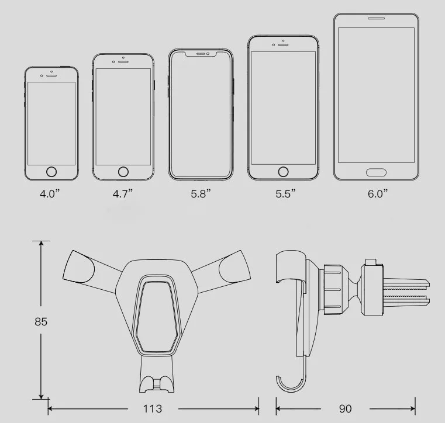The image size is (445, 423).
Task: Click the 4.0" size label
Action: click(x=50, y=193)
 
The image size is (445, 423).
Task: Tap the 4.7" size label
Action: click(x=123, y=193)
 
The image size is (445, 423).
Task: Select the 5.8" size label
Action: click(x=201, y=193)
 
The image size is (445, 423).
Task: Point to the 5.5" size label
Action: click(x=285, y=193)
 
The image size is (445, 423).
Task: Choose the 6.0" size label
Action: click(x=377, y=193)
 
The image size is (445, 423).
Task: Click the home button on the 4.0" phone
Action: click(x=51, y=172)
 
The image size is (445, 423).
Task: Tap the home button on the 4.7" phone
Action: click(x=123, y=172)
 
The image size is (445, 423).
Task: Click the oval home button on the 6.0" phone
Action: click(x=376, y=172)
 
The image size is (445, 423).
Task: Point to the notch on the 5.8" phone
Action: click(x=202, y=54)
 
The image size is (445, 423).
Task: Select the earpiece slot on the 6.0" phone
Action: click(x=377, y=19)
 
